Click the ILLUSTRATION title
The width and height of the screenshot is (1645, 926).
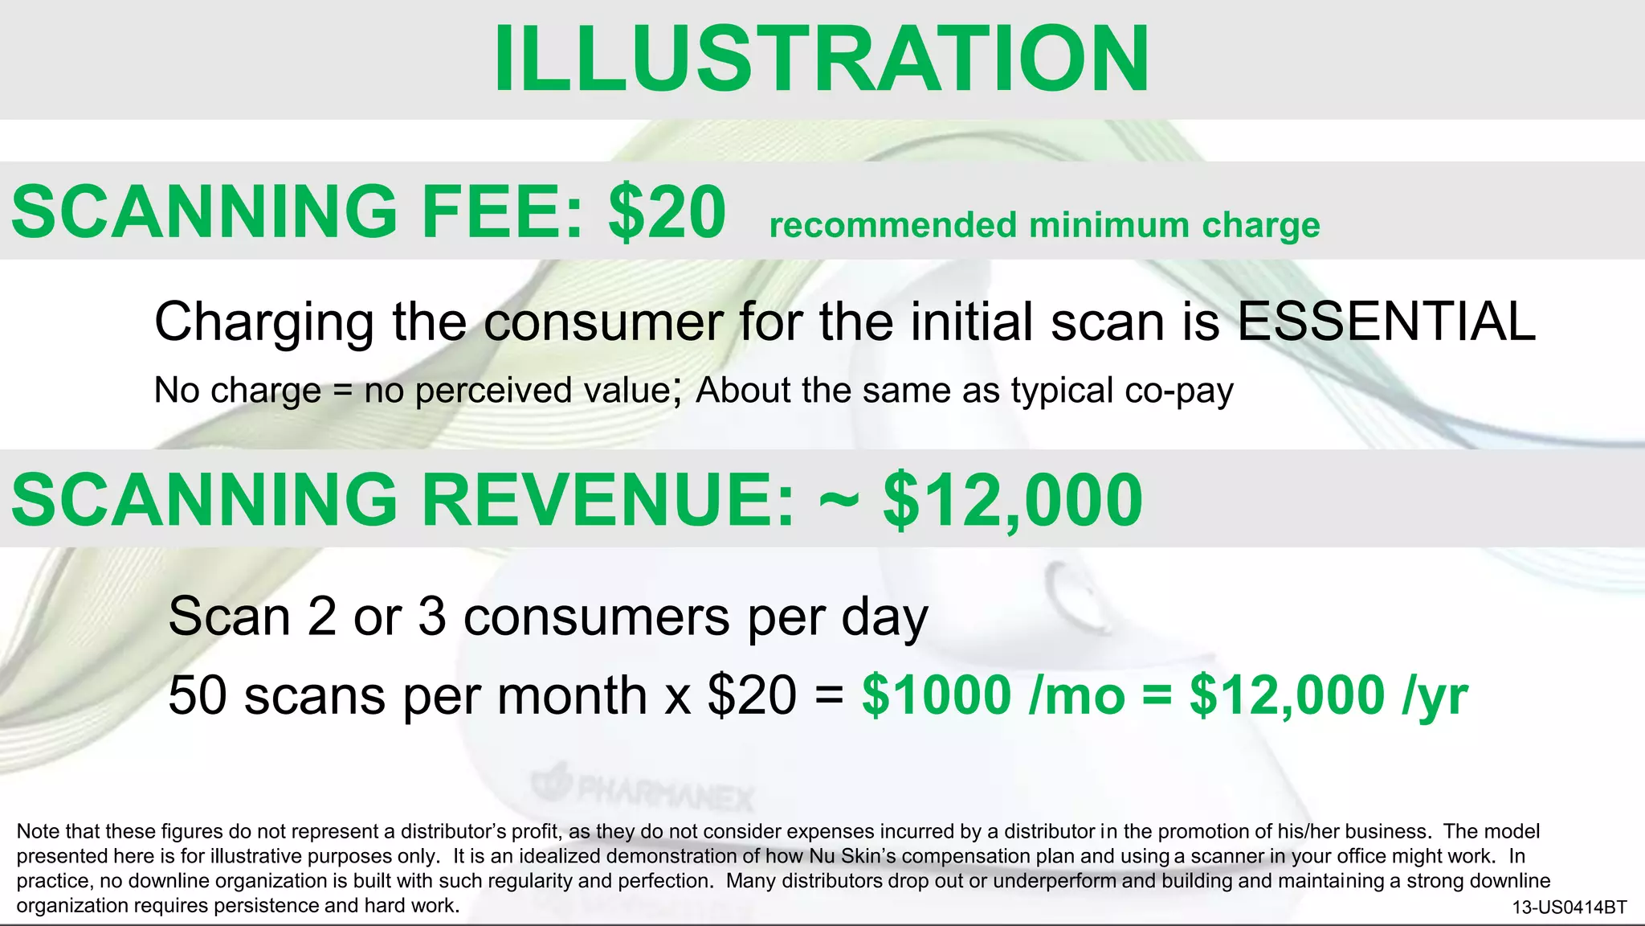(x=821, y=59)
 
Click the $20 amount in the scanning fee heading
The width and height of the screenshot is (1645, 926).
(x=667, y=211)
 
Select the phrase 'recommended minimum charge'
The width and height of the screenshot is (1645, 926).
(x=1044, y=226)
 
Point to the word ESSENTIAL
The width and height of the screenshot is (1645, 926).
(x=1386, y=322)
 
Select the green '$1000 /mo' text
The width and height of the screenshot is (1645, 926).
(x=993, y=695)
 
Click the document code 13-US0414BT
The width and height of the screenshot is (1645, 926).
(x=1569, y=908)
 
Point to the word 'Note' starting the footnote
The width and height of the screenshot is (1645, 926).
(x=37, y=831)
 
